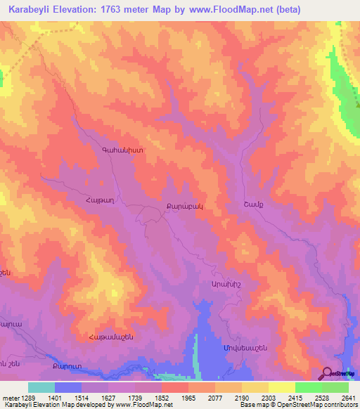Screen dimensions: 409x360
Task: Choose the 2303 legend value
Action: (255, 398)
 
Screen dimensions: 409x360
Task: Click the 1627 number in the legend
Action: (94, 398)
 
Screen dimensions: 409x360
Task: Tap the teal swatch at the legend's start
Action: (41, 387)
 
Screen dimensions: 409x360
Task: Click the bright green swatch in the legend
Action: (309, 387)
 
